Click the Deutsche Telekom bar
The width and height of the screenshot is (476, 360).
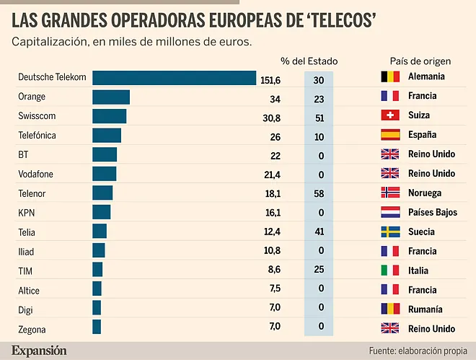pyautogui.click(x=175, y=77)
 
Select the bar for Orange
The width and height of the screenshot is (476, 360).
pyautogui.click(x=111, y=97)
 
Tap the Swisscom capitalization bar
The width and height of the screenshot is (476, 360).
pyautogui.click(x=110, y=116)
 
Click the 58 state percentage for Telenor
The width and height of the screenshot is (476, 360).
pyautogui.click(x=318, y=193)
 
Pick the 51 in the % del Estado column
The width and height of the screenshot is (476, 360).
pyautogui.click(x=318, y=116)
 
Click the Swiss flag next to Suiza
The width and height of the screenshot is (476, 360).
pyautogui.click(x=389, y=115)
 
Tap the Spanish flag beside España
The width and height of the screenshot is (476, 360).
pyautogui.click(x=389, y=135)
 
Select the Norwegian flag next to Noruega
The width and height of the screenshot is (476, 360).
pyautogui.click(x=389, y=193)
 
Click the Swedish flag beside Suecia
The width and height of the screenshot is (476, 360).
pyautogui.click(x=389, y=232)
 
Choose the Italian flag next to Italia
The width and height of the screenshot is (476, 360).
pyautogui.click(x=389, y=271)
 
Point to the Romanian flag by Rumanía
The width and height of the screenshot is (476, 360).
pyautogui.click(x=389, y=309)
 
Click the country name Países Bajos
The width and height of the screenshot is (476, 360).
pyautogui.click(x=433, y=213)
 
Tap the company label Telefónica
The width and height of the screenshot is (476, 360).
pyautogui.click(x=37, y=135)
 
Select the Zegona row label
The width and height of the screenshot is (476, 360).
pyautogui.click(x=32, y=329)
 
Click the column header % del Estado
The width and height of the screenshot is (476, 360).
pyautogui.click(x=309, y=61)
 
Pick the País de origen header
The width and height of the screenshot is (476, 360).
pyautogui.click(x=420, y=61)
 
